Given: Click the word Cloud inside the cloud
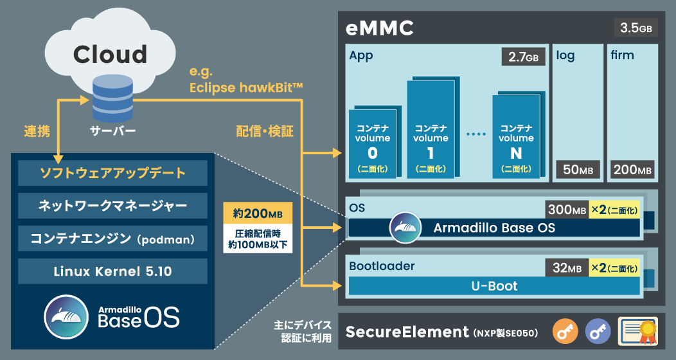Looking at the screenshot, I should click(110, 54).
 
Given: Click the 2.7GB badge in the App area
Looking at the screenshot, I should click(523, 57).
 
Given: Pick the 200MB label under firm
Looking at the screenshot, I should click(632, 170).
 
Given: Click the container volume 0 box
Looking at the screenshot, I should click(372, 145).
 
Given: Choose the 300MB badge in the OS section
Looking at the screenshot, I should click(566, 210).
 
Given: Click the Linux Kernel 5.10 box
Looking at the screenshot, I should click(112, 271).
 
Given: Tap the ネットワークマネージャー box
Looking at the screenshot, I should click(112, 206).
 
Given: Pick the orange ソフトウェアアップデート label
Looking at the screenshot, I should click(112, 173).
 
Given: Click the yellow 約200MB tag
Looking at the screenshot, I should click(257, 213).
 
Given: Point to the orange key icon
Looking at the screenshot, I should click(564, 332).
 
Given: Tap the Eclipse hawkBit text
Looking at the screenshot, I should click(246, 87).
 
